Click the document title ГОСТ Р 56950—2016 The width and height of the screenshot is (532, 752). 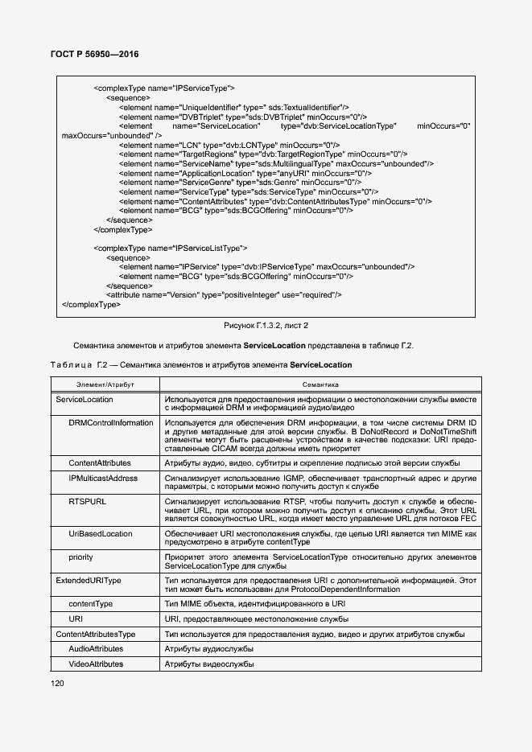(89, 55)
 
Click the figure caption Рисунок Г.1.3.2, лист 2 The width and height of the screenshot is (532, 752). (266, 326)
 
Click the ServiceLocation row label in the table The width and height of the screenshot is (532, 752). (85, 399)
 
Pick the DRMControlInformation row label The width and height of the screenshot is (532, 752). (110, 422)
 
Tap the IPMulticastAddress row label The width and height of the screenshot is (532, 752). (103, 479)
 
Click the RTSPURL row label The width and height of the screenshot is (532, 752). (87, 501)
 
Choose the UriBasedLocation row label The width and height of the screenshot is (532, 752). (101, 533)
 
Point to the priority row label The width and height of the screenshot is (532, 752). (80, 557)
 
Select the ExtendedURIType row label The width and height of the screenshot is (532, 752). (89, 580)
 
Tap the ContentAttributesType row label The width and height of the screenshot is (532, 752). (95, 635)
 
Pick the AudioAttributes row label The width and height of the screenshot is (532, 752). (96, 649)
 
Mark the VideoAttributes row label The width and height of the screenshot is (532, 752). (96, 664)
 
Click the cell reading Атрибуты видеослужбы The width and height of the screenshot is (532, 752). (209, 664)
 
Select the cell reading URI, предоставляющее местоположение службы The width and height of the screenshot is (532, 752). (256, 618)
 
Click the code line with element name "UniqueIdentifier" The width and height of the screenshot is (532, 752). (233, 107)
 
